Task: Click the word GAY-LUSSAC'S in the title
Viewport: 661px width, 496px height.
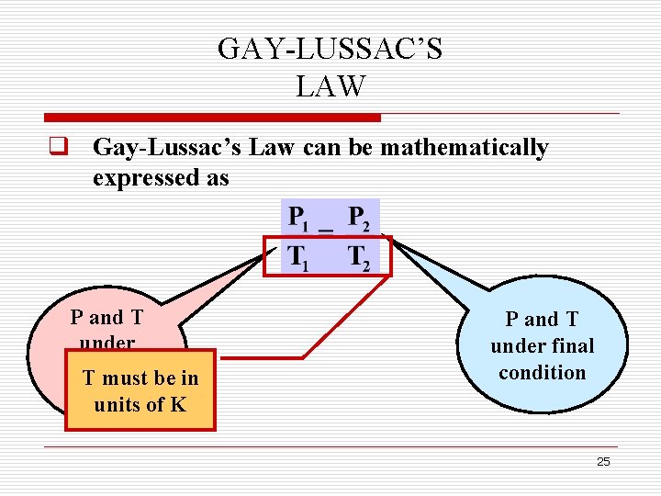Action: point(330,49)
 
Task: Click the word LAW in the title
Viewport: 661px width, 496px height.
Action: point(330,86)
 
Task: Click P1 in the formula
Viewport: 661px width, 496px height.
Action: point(297,219)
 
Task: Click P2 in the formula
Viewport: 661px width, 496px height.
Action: point(359,219)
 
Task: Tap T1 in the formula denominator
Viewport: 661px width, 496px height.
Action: point(297,258)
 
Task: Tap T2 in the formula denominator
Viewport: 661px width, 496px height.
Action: point(359,258)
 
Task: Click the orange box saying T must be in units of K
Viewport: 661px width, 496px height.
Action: point(140,390)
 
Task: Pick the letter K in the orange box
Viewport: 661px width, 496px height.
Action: point(178,403)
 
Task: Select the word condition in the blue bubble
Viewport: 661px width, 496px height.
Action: point(542,373)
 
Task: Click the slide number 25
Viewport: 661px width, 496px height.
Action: point(603,462)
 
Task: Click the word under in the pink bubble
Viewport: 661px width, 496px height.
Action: point(107,344)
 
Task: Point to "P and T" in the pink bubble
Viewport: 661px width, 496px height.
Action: point(107,318)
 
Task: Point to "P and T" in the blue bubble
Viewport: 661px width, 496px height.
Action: point(542,320)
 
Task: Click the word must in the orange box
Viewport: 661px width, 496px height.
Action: point(127,378)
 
